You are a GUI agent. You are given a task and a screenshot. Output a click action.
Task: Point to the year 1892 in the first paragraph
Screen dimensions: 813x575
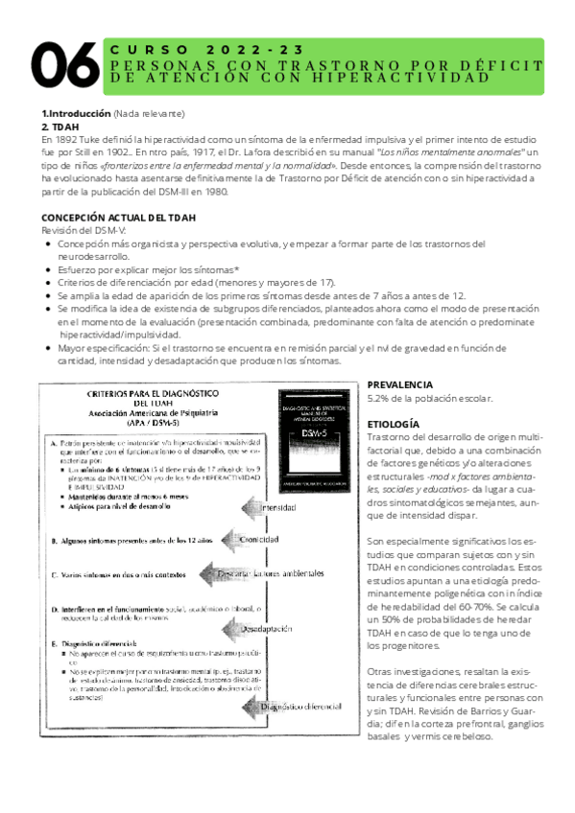[x=68, y=139]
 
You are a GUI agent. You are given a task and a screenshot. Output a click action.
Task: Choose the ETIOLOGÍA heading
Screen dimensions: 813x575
[x=394, y=423]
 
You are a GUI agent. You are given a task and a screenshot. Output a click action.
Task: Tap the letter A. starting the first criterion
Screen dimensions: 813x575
[x=51, y=442]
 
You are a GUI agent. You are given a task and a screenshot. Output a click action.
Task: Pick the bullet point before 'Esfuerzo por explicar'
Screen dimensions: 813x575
[x=50, y=271]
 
